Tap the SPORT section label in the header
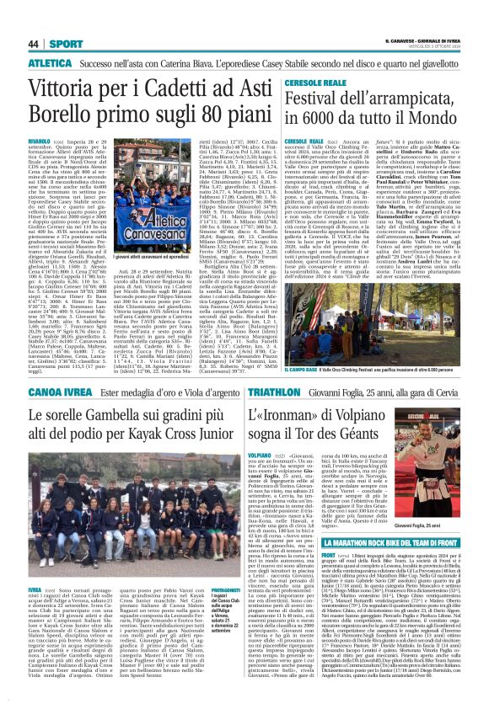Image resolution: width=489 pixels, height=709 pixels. point(60,43)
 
